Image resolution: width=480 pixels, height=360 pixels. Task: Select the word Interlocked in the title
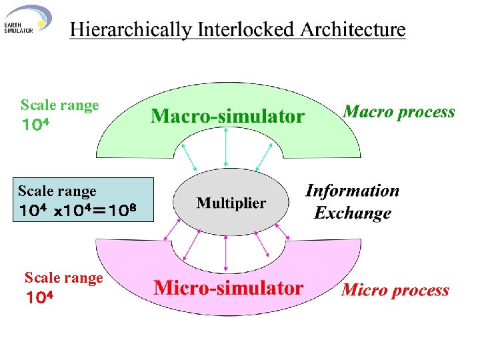(238, 30)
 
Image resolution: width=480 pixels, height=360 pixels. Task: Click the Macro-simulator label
(227, 117)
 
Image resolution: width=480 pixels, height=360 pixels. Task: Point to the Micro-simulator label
(228, 288)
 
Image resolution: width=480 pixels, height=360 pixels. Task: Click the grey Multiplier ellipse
(231, 203)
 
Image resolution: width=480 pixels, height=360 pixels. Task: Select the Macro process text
(399, 112)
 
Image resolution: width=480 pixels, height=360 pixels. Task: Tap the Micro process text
(395, 290)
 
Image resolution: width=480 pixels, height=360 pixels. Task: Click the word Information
(352, 191)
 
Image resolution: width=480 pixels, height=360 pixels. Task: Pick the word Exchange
(352, 214)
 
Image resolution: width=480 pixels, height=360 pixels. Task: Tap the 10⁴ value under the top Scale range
(37, 125)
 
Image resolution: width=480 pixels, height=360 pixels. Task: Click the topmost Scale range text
(59, 105)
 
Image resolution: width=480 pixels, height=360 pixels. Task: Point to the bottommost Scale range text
(63, 278)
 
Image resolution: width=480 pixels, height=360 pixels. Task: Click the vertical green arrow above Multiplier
(227, 147)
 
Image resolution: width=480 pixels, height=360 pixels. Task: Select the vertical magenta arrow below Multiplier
(227, 253)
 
